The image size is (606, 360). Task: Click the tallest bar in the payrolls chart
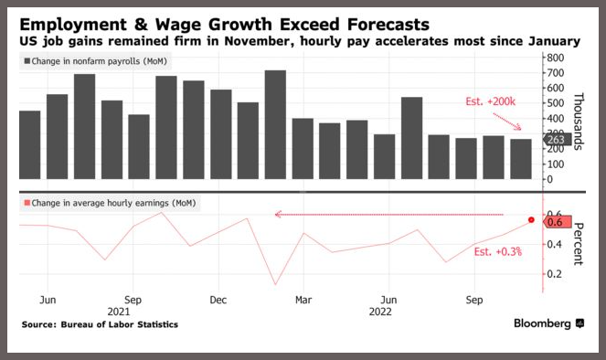click(x=275, y=124)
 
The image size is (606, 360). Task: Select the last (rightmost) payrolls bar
click(x=521, y=159)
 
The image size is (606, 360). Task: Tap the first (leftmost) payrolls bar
click(x=30, y=145)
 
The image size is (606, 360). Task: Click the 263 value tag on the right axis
click(x=557, y=140)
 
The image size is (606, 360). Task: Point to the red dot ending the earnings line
click(x=531, y=220)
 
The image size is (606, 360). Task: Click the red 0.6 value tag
click(x=557, y=222)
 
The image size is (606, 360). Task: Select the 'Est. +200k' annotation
click(x=490, y=101)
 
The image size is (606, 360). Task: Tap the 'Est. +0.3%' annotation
click(x=498, y=252)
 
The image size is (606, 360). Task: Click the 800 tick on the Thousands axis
click(x=556, y=58)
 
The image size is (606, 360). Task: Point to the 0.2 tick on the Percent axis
click(x=554, y=274)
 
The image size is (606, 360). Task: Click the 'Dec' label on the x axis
click(x=218, y=300)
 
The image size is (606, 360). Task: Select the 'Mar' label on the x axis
click(x=303, y=300)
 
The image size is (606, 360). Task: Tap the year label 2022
click(x=380, y=312)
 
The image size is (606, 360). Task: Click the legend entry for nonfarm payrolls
click(x=95, y=61)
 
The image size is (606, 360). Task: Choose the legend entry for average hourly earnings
click(x=111, y=203)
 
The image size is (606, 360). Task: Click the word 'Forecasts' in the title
click(x=388, y=25)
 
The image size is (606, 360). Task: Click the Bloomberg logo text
click(x=542, y=323)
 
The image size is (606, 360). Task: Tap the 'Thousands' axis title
click(x=579, y=122)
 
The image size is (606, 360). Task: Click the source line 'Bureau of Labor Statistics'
click(x=120, y=324)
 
